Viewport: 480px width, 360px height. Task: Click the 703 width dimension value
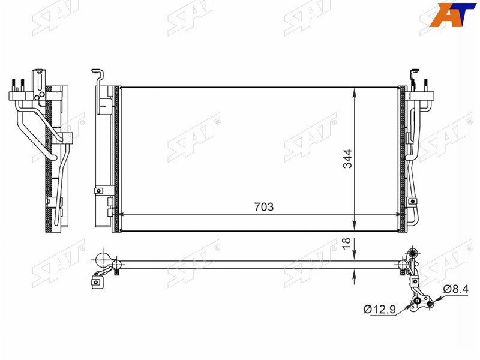point(263,207)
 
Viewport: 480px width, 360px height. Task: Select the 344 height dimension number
point(347,158)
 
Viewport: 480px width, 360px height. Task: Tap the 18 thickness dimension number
point(347,244)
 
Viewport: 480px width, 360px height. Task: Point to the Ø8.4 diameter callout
point(455,289)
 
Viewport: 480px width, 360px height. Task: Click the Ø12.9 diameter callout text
point(380,310)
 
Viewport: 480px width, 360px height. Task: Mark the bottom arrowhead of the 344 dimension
point(355,225)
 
